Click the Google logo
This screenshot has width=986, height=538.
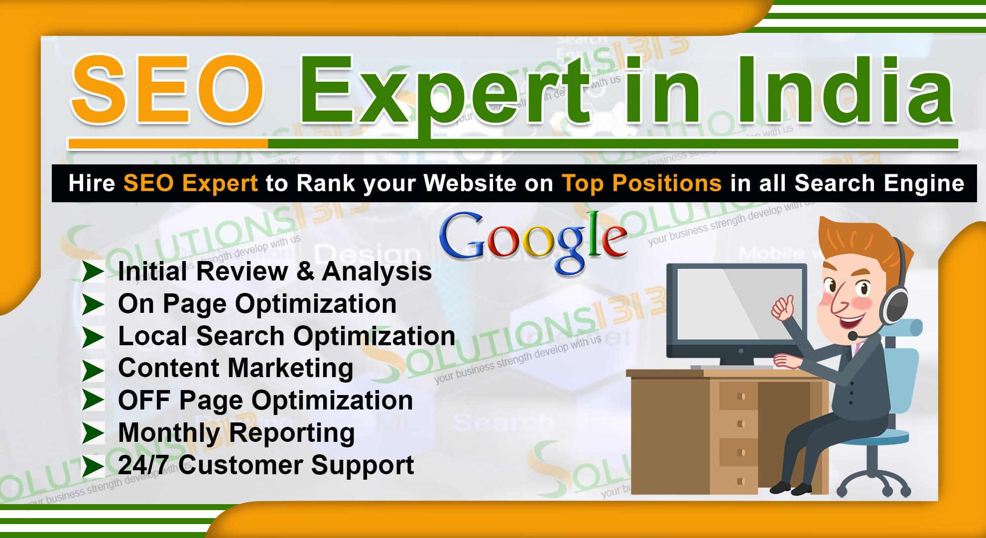point(533,239)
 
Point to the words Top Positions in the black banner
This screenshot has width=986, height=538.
point(641,183)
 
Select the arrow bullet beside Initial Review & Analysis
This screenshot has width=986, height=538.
point(93,271)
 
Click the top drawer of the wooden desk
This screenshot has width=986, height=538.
point(740,397)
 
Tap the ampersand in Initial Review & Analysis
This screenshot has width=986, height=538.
point(305,272)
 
